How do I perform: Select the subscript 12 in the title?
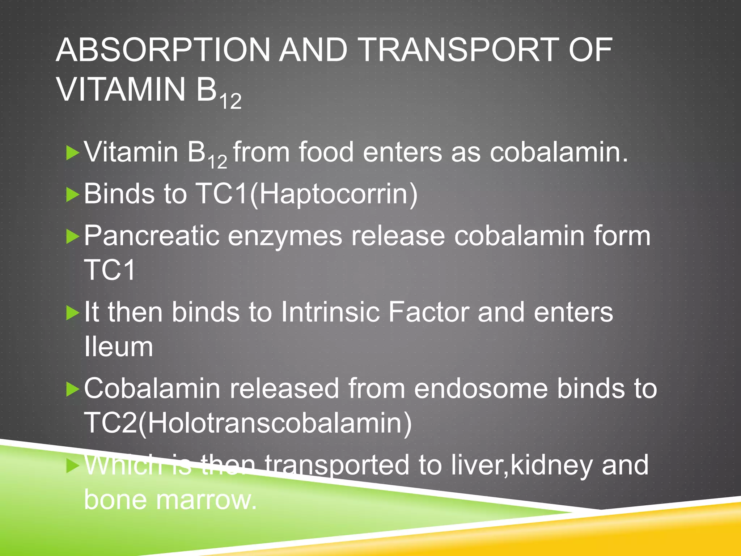tap(230, 101)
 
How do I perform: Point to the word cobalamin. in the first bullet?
tap(559, 152)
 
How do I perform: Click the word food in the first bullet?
tap(326, 152)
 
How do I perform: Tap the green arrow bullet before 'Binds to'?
tap(73, 195)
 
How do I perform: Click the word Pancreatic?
tap(152, 236)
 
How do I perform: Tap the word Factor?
tap(428, 312)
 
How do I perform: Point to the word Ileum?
tap(118, 346)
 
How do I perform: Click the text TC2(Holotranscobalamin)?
tap(248, 423)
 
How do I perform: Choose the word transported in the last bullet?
tap(336, 466)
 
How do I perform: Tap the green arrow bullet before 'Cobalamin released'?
tap(73, 389)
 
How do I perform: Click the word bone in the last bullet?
tap(116, 500)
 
